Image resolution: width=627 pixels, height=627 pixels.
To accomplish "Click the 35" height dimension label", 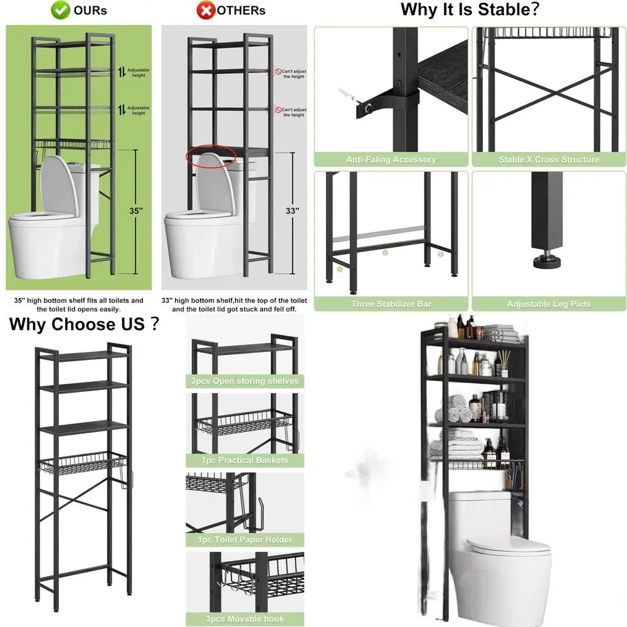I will [135, 211].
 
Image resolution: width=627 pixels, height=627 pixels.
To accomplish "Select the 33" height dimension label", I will [292, 211].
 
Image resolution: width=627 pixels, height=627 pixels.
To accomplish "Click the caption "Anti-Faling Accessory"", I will [391, 160].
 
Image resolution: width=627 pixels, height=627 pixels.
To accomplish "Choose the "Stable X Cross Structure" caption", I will [549, 160].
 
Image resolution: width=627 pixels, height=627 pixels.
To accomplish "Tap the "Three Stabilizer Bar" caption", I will [391, 304].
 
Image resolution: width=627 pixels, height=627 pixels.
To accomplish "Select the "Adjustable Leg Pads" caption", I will [549, 304].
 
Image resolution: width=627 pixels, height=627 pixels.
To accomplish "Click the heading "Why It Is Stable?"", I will [470, 10].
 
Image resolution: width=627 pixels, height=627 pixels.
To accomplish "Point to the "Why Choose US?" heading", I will [83, 324].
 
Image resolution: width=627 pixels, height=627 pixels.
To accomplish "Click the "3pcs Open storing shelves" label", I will [245, 381].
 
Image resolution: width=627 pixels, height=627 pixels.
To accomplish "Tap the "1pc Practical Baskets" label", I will [245, 460].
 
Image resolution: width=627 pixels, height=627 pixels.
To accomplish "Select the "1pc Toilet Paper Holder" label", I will [245, 539].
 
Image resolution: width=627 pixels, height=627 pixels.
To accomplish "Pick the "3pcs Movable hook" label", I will [245, 618].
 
